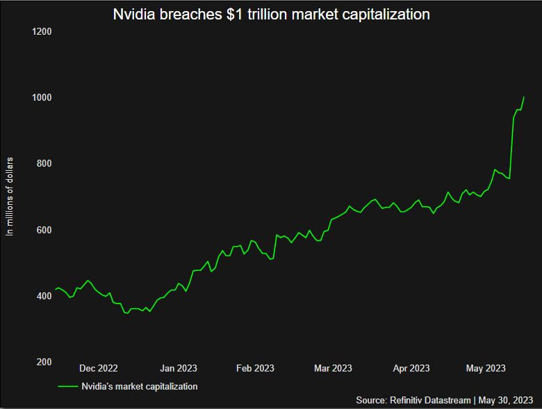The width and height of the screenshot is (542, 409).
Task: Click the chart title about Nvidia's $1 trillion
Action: [x=271, y=14]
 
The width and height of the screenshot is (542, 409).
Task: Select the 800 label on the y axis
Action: [x=44, y=164]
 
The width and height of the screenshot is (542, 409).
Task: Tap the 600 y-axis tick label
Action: [x=44, y=230]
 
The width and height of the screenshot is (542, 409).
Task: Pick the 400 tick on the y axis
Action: [x=44, y=297]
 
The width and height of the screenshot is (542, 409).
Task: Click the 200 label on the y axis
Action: [x=44, y=362]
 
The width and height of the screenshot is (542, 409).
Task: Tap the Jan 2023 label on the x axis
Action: [x=178, y=368]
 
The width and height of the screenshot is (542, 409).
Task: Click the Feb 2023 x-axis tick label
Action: [x=255, y=368]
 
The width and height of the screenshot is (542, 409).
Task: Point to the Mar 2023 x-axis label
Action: [x=333, y=368]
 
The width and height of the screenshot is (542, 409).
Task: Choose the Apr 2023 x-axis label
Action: [x=411, y=368]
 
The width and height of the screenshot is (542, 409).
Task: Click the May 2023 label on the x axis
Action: [x=486, y=368]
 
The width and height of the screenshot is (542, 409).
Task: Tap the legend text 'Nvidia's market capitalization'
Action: [x=140, y=386]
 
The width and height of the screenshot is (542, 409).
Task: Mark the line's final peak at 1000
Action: [x=523, y=97]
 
